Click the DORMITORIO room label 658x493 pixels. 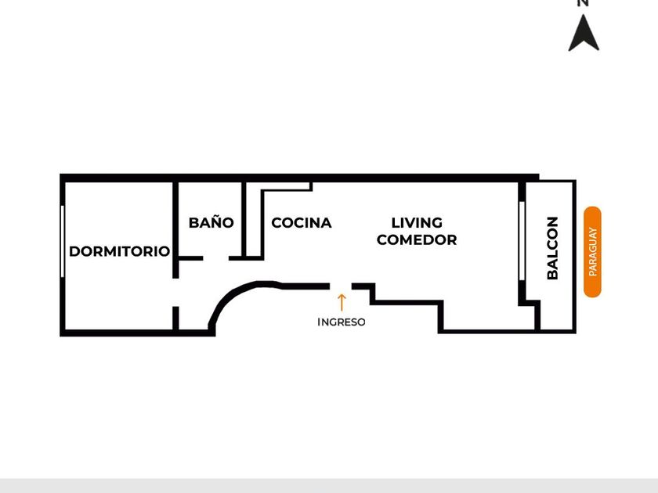click(120, 251)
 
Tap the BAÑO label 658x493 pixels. click(211, 222)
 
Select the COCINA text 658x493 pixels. click(302, 222)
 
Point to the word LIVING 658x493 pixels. click(417, 222)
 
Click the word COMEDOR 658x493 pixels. click(417, 239)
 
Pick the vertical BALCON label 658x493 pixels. click(553, 248)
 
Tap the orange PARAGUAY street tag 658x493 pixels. click(592, 251)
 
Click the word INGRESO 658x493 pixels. click(342, 322)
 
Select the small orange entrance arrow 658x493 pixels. click(342, 302)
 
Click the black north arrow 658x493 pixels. click(584, 33)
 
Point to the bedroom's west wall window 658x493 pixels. click(63, 241)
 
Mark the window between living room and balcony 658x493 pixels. click(522, 241)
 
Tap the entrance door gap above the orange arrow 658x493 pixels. click(341, 286)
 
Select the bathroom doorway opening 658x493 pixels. click(215, 258)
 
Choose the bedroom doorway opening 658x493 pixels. click(175, 292)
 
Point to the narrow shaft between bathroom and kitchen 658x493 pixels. click(252, 221)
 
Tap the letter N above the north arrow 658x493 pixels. click(583, 3)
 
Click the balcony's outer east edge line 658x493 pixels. click(575, 257)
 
